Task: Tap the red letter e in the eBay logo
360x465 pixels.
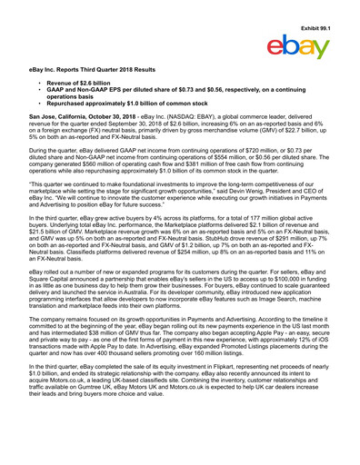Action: (x=277, y=45)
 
